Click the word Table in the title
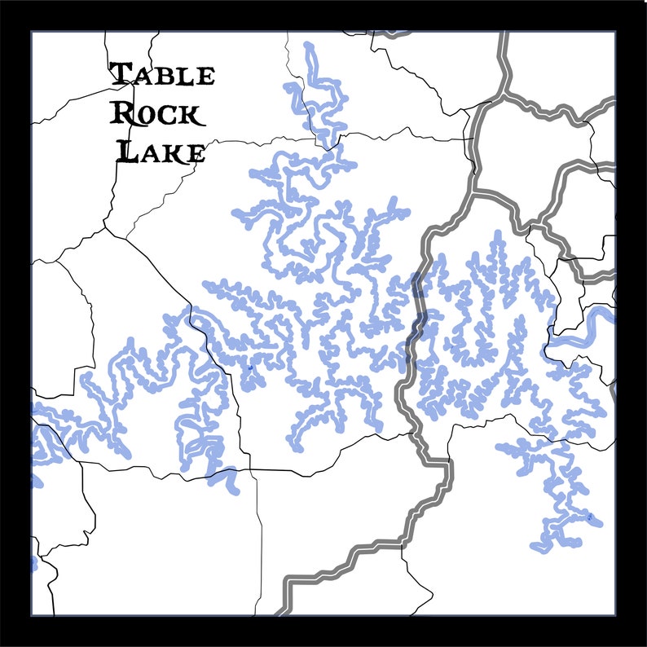(x=163, y=75)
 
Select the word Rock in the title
(x=156, y=112)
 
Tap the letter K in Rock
(x=187, y=114)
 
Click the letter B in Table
(x=169, y=76)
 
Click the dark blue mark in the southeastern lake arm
(x=589, y=516)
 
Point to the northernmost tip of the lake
(x=309, y=46)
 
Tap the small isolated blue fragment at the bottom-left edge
(x=34, y=562)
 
